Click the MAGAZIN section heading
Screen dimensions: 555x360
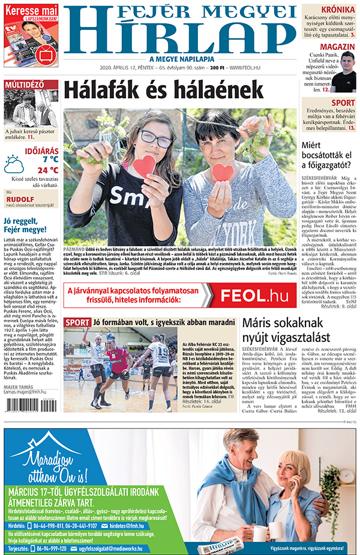[337, 47]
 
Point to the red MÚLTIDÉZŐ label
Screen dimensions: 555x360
[24, 85]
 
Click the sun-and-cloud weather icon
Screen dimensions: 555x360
[14, 164]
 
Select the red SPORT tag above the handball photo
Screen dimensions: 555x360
[77, 323]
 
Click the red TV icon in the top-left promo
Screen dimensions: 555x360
[44, 54]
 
